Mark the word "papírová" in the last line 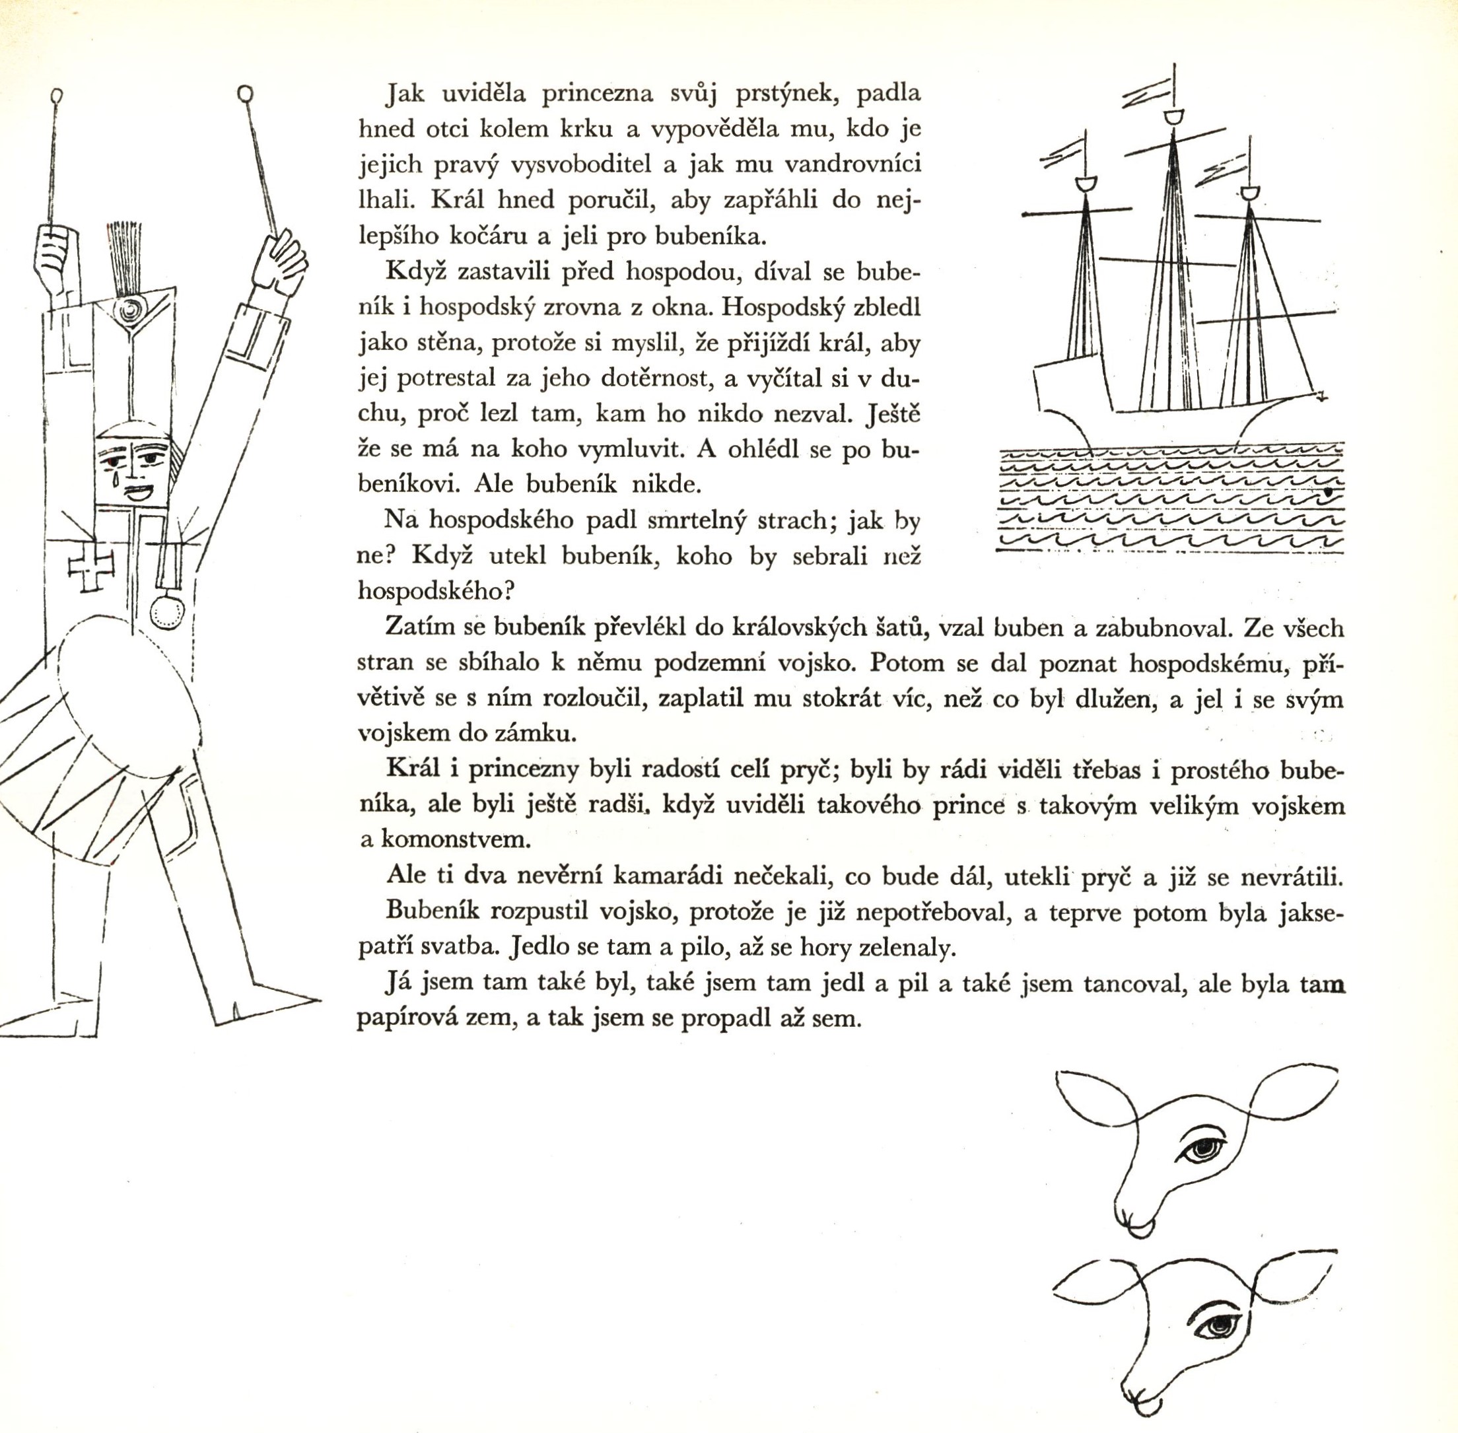tap(405, 1019)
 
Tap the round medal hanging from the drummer tap(167, 612)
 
